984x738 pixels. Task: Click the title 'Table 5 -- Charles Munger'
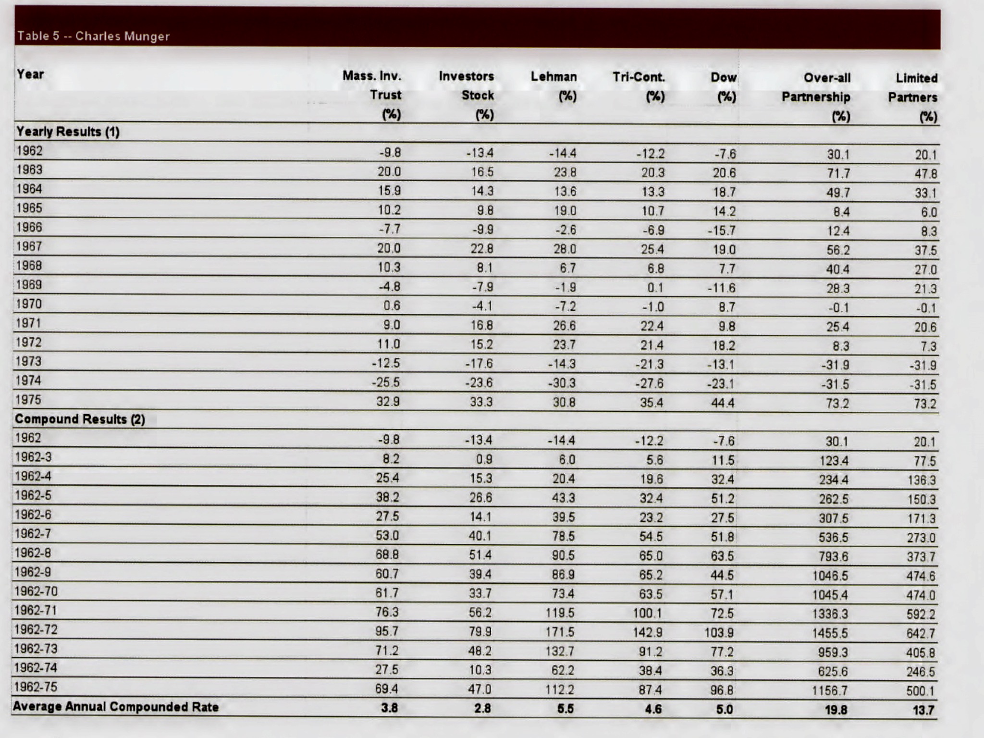point(94,36)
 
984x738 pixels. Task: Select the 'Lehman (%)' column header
point(554,86)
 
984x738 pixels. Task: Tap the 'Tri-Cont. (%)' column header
point(639,86)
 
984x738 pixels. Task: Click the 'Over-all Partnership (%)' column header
point(817,97)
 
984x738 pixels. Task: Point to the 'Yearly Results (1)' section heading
point(68,132)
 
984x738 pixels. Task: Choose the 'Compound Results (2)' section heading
point(80,419)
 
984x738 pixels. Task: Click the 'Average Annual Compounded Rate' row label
point(116,707)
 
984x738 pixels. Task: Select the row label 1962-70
point(36,591)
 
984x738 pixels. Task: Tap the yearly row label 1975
point(29,400)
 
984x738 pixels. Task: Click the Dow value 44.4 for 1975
point(723,403)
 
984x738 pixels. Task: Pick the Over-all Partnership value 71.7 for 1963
point(838,173)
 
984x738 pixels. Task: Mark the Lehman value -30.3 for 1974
point(562,383)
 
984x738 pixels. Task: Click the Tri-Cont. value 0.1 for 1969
point(655,287)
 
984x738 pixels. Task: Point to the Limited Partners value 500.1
point(921,691)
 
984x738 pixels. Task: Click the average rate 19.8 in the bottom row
point(836,710)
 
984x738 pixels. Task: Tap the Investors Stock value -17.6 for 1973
point(479,364)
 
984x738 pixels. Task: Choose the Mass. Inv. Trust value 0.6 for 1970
point(392,306)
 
